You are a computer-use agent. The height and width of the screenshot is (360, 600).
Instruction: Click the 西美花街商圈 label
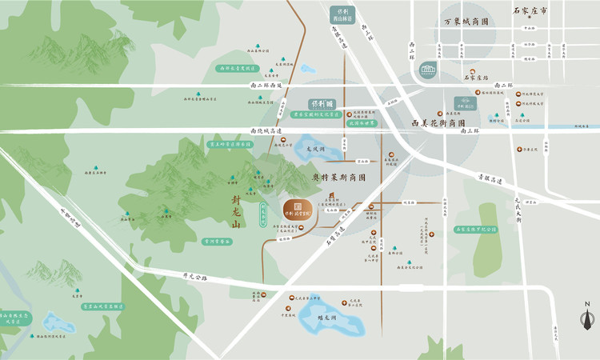[x=438, y=124]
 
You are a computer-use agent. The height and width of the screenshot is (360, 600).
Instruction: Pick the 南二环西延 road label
[x=266, y=85]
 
